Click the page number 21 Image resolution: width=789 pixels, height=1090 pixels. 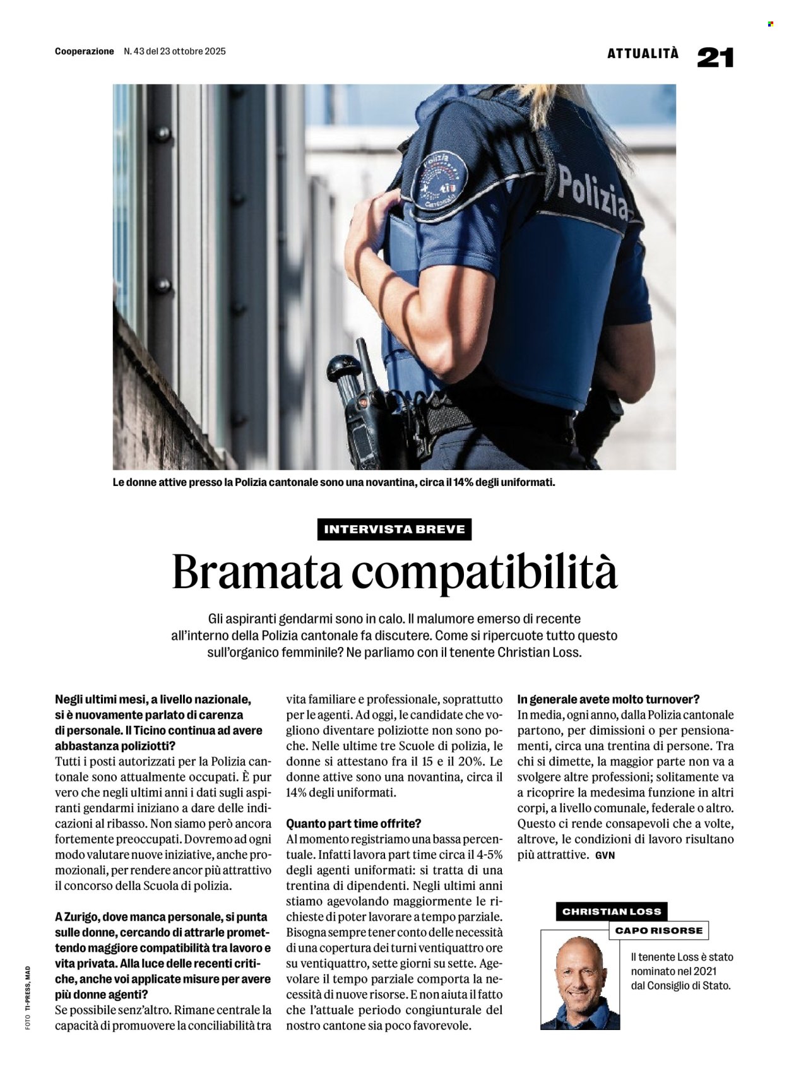click(715, 57)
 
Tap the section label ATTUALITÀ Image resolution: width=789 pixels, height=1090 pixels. click(643, 54)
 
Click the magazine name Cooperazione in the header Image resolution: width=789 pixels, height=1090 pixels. click(85, 51)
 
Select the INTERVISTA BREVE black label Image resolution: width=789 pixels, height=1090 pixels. click(394, 529)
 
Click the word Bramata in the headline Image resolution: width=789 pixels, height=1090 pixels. click(257, 572)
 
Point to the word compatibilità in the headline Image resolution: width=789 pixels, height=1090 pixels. click(484, 572)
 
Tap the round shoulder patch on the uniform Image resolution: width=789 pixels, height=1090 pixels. click(439, 181)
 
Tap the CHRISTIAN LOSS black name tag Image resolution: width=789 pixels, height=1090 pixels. click(611, 911)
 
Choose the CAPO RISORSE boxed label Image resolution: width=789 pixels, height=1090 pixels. click(658, 930)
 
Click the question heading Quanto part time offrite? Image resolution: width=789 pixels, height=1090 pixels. click(353, 824)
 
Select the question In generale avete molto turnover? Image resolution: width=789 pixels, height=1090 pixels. click(608, 699)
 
